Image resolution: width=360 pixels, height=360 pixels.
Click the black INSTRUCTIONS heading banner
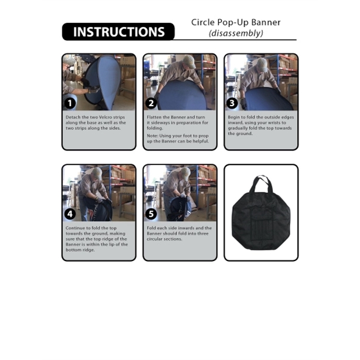coord(118,32)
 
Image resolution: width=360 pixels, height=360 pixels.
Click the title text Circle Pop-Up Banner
coord(236,23)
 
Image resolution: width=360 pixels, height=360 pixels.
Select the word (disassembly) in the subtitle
coord(236,34)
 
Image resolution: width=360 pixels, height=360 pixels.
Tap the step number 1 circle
coord(71,103)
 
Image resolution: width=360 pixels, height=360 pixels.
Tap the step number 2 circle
coord(152,103)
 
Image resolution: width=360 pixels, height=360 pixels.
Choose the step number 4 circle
coord(71,214)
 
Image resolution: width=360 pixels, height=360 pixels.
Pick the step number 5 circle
coord(152,214)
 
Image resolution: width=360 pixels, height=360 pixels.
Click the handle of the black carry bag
coord(261,182)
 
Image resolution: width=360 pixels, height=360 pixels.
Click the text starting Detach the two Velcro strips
coord(98,122)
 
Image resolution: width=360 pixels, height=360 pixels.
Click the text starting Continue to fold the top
coord(98,239)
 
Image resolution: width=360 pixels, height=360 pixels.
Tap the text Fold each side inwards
coord(179,233)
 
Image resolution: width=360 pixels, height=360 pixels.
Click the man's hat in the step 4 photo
coord(95,173)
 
